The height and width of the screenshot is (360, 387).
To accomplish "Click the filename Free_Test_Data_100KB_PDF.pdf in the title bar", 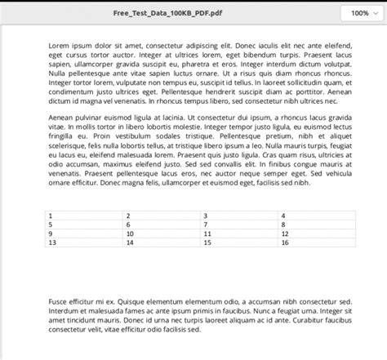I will click(x=170, y=13).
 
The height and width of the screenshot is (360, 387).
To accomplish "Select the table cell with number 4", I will click(x=314, y=216).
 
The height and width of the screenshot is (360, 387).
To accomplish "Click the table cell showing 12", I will click(x=314, y=233).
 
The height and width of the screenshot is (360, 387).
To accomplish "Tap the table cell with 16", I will click(x=314, y=242).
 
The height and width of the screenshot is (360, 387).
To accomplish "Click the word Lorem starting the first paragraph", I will click(x=59, y=38).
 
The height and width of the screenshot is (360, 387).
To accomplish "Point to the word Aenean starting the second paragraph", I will click(x=62, y=118).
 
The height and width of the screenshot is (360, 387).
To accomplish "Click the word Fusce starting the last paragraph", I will click(x=59, y=302).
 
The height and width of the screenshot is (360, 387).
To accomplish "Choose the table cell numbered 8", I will click(x=314, y=224).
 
